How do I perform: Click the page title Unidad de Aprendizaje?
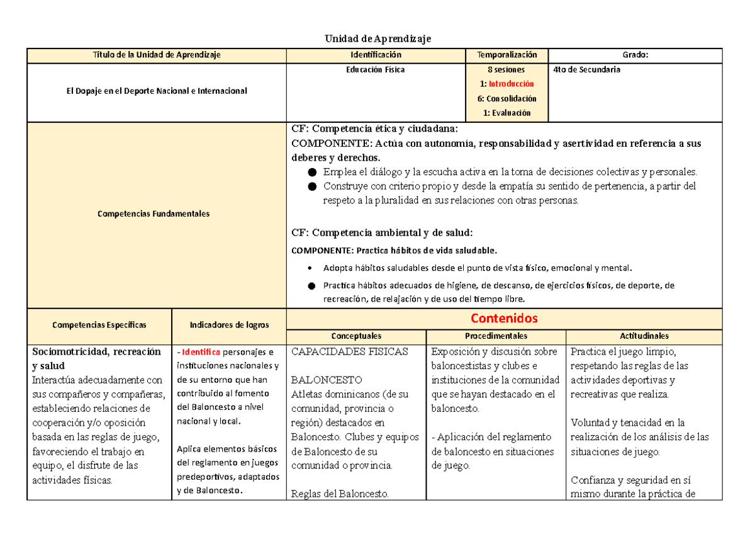tap(377, 39)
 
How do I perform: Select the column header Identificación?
tap(376, 55)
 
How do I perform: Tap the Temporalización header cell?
tap(506, 55)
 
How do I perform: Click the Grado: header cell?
tap(635, 55)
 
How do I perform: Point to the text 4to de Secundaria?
tap(586, 70)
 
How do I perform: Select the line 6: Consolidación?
tap(506, 98)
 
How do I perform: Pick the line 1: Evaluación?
tap(506, 113)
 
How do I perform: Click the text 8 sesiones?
tap(506, 70)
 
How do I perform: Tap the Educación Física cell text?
tap(376, 70)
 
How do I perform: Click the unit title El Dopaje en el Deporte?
tap(157, 91)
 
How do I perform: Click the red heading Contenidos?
tap(504, 318)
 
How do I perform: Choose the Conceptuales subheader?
tap(356, 336)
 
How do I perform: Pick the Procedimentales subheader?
tap(496, 336)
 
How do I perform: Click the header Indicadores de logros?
tap(229, 325)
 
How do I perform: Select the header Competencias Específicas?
tap(99, 325)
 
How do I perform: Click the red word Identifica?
tap(201, 352)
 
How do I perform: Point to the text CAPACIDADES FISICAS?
tap(350, 352)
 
